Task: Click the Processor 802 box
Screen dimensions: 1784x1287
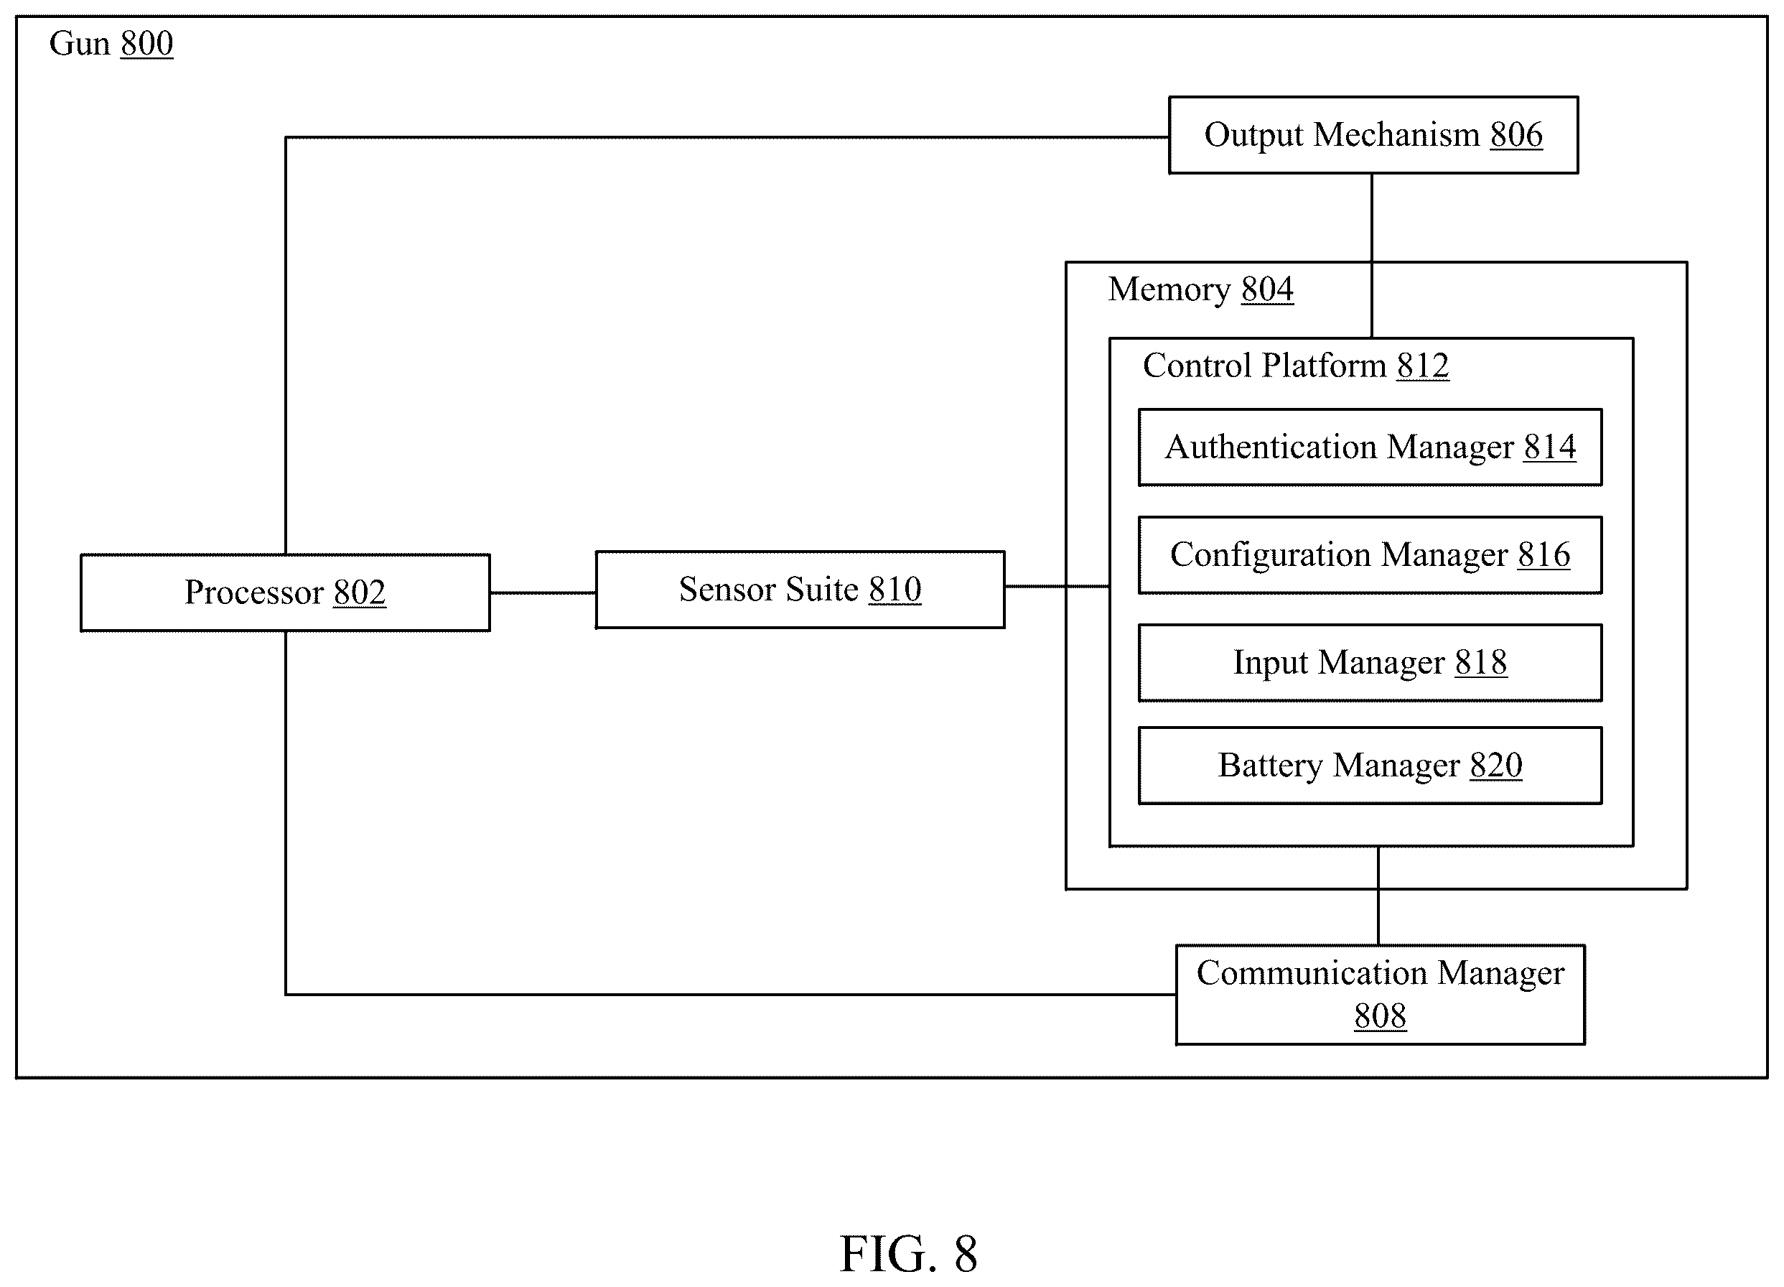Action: point(285,593)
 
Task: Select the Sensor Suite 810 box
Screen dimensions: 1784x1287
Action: point(800,589)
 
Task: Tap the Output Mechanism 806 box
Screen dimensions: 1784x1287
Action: point(1373,134)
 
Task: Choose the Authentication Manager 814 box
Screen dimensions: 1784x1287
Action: point(1370,447)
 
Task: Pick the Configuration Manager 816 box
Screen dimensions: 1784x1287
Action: point(1370,554)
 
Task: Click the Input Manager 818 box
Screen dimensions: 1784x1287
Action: point(1370,662)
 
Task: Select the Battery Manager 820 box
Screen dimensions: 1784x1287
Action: point(1370,766)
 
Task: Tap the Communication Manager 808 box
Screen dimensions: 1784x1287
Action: point(1381,995)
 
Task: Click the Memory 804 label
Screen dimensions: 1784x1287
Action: point(1200,289)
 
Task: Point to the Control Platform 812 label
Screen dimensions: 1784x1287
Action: point(1296,366)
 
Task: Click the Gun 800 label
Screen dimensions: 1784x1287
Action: point(111,43)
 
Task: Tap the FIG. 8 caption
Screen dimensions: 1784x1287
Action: point(909,1253)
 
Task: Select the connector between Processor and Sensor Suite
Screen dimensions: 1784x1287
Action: point(543,593)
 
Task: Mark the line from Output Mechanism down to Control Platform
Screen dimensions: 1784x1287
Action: point(1372,256)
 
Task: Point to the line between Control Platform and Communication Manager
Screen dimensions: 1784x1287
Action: point(1378,896)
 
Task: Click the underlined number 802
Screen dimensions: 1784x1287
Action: point(360,593)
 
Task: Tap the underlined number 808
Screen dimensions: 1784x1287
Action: point(1381,1016)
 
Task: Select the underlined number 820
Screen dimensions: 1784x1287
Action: point(1496,766)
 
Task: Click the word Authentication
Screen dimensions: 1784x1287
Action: point(1271,447)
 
